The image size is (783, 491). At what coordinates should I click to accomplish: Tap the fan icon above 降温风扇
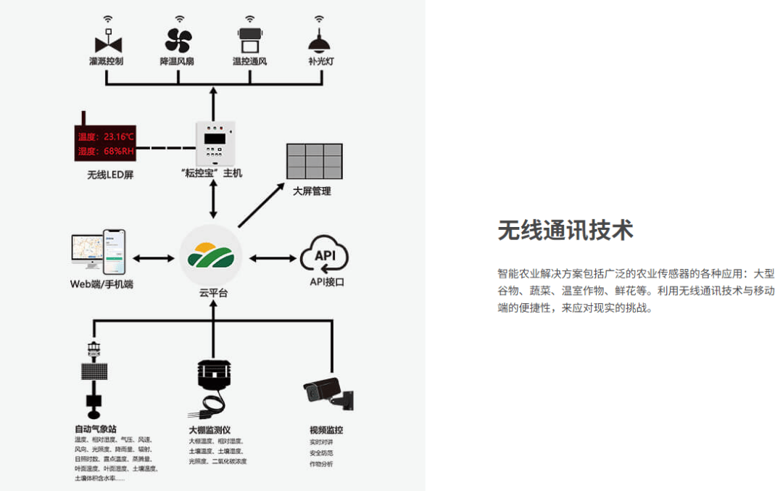click(x=178, y=40)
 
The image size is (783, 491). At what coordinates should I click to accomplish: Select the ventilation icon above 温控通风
click(x=249, y=39)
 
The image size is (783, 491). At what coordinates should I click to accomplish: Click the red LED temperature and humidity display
click(x=105, y=144)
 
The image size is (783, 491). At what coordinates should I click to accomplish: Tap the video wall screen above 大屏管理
click(x=314, y=161)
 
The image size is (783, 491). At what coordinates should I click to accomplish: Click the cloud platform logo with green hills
click(x=210, y=256)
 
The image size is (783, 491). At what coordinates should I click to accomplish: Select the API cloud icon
click(x=324, y=255)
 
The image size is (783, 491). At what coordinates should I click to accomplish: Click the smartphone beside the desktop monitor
click(x=113, y=251)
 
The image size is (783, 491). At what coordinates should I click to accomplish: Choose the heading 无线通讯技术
click(x=565, y=230)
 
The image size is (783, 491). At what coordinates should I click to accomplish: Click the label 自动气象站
click(x=95, y=429)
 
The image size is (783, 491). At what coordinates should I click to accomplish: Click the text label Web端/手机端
click(x=101, y=284)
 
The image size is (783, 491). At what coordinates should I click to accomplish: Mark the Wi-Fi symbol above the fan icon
click(x=178, y=18)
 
